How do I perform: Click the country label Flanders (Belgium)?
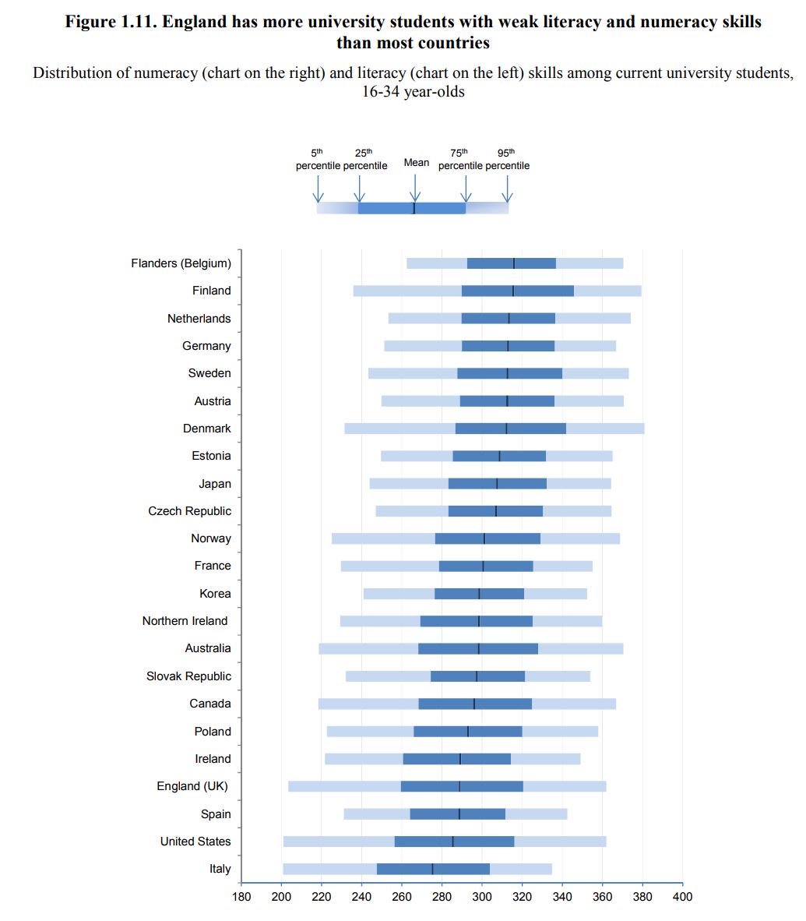[x=181, y=263]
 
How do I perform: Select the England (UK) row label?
[x=192, y=786]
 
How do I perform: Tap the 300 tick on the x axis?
[x=482, y=896]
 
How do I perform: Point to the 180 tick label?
[x=241, y=896]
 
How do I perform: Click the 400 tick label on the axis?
[x=682, y=896]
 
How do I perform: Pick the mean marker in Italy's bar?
[x=432, y=869]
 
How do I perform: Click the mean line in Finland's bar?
[x=513, y=291]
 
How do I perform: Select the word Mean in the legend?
[x=416, y=162]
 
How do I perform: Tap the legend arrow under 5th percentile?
[x=318, y=189]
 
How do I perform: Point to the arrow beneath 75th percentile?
[x=466, y=189]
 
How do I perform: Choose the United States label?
[x=195, y=842]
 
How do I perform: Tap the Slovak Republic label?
[x=188, y=676]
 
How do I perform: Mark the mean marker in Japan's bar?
[x=497, y=483]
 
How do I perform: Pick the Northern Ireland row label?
[x=185, y=621]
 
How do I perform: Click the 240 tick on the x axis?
[x=361, y=896]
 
